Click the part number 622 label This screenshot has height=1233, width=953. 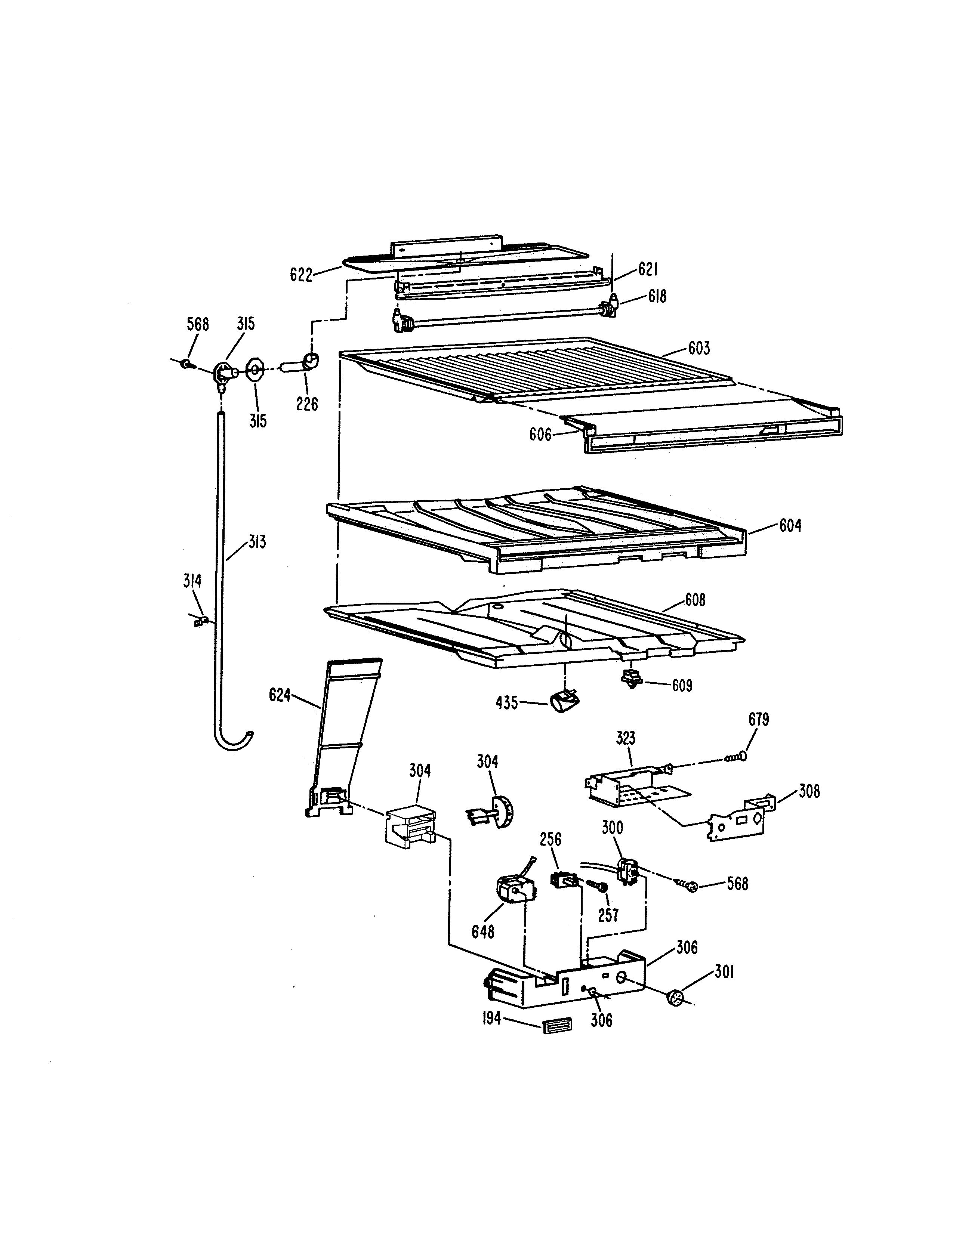301,275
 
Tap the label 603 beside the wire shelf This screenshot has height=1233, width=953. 698,348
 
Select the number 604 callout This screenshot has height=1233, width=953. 790,526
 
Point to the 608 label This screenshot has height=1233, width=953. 695,600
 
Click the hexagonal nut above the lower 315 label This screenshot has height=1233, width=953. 255,370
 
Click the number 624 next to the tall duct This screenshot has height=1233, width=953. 280,696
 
